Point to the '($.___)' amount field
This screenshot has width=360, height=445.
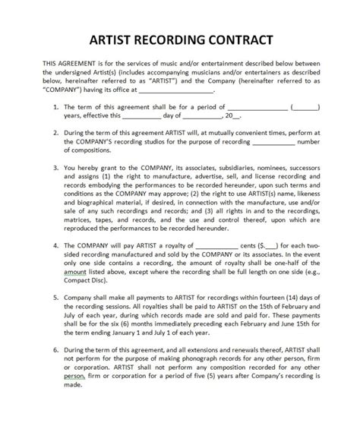[x=269, y=246]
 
